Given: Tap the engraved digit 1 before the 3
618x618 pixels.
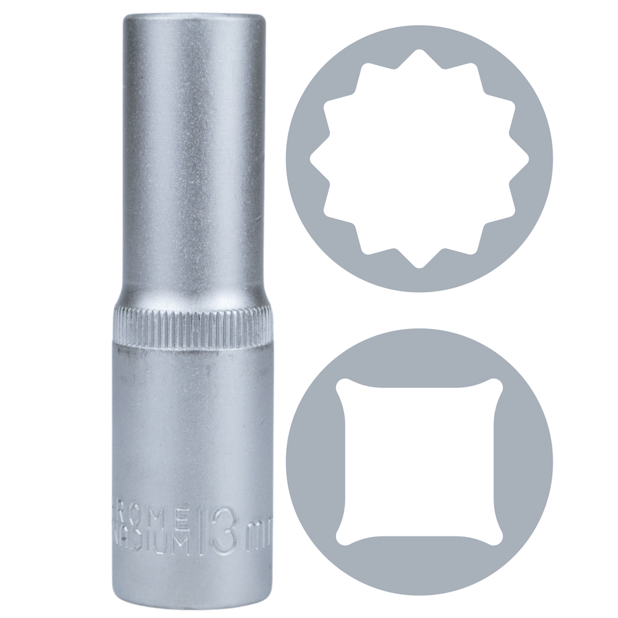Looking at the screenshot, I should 203,530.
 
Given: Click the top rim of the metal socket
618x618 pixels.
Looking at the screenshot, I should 194,17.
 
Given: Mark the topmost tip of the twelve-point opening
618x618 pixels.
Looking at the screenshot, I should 419,50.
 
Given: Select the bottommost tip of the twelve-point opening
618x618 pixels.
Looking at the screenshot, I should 419,267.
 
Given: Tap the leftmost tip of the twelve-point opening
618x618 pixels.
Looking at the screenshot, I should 311,159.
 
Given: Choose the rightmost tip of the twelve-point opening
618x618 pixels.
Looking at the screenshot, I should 529,159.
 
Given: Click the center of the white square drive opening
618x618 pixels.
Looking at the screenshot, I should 419,462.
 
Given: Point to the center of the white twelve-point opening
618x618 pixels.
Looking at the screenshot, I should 419,159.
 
